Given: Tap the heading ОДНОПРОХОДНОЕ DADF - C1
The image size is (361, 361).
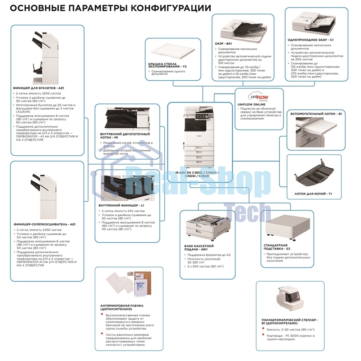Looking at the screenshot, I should coord(310,40).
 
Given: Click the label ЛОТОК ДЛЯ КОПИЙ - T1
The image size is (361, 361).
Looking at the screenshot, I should coord(313,194).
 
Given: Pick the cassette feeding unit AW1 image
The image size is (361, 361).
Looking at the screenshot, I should coord(205,229).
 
